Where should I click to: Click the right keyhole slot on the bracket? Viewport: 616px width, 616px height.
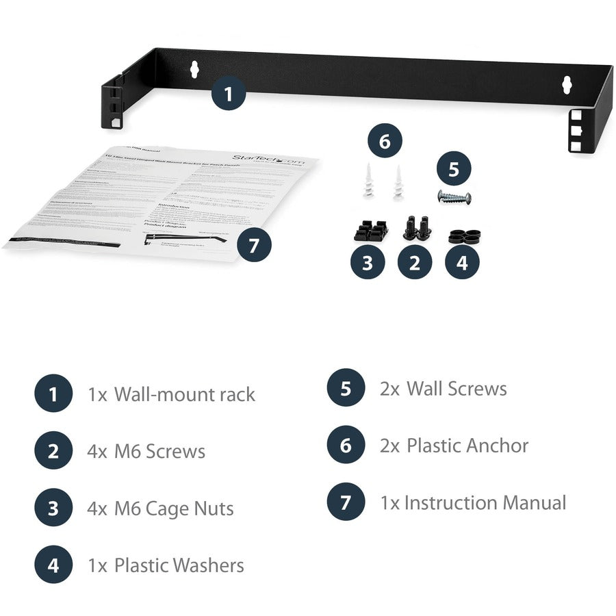[566, 84]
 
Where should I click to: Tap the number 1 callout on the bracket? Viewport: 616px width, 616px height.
[229, 94]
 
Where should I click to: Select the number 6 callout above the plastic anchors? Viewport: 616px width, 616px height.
[384, 142]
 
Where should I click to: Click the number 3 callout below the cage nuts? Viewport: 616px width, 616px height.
[368, 263]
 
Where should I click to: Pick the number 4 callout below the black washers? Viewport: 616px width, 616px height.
[462, 263]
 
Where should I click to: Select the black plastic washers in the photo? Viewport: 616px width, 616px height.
[463, 237]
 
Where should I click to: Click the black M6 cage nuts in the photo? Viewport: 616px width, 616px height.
[370, 230]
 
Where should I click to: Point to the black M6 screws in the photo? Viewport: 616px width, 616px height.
[416, 229]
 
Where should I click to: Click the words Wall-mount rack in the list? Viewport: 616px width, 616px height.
[184, 394]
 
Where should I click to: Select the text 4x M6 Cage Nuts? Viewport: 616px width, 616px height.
[161, 509]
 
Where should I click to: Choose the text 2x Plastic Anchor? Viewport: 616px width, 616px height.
[454, 446]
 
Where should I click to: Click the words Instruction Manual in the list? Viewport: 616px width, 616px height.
[485, 502]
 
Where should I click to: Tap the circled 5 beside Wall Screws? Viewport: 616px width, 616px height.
[346, 389]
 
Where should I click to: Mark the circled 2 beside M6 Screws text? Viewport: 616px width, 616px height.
[53, 451]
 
